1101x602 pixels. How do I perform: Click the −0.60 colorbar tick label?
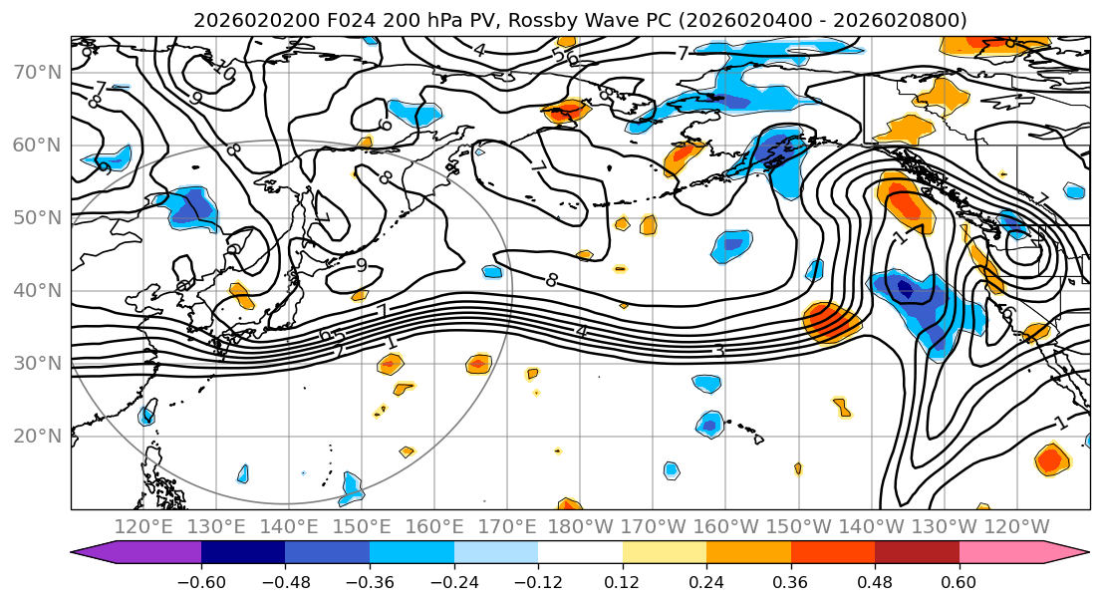click(201, 581)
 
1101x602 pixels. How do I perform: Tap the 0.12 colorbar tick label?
click(623, 581)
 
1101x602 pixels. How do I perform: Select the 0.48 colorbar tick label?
click(875, 581)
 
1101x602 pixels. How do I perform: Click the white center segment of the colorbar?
click(580, 553)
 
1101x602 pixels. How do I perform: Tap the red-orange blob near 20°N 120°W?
click(1050, 459)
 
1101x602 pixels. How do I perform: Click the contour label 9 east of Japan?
click(362, 265)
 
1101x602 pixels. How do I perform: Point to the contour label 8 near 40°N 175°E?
click(552, 280)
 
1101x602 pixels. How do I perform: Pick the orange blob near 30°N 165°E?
click(477, 365)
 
